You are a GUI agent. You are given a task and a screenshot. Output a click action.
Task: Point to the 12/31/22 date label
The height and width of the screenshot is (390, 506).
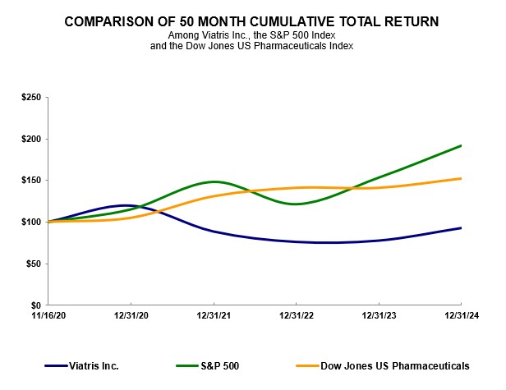click(297, 314)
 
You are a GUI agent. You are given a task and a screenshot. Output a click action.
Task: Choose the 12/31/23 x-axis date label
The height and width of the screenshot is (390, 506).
click(379, 314)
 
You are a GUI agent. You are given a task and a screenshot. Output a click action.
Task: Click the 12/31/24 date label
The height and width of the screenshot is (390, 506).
click(461, 314)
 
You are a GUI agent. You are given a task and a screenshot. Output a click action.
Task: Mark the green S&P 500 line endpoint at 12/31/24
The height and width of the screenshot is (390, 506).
click(461, 145)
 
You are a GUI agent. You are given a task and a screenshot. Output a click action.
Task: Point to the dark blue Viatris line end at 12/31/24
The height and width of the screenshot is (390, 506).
click(461, 227)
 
